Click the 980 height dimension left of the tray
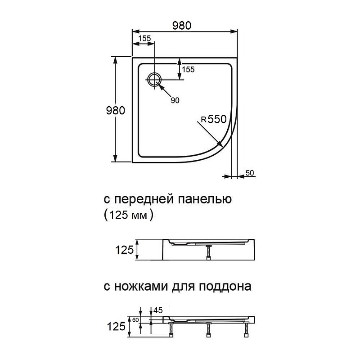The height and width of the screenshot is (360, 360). point(115,111)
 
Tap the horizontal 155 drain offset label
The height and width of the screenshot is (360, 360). point(144,39)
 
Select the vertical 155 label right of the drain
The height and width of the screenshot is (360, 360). point(188,69)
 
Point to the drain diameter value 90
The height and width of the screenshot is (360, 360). point(175,100)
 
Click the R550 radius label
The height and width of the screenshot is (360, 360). point(212,120)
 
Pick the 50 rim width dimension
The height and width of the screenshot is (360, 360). point(250,173)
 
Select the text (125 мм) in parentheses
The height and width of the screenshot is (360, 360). point(128,215)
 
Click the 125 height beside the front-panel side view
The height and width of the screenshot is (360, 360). point(125,250)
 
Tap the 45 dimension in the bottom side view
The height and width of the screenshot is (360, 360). point(158,310)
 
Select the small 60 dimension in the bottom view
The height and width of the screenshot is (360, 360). point(135,320)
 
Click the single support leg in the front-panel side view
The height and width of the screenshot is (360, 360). point(208,253)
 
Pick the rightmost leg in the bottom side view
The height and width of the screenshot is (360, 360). point(246,329)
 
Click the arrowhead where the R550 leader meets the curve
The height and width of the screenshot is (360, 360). point(220,144)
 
